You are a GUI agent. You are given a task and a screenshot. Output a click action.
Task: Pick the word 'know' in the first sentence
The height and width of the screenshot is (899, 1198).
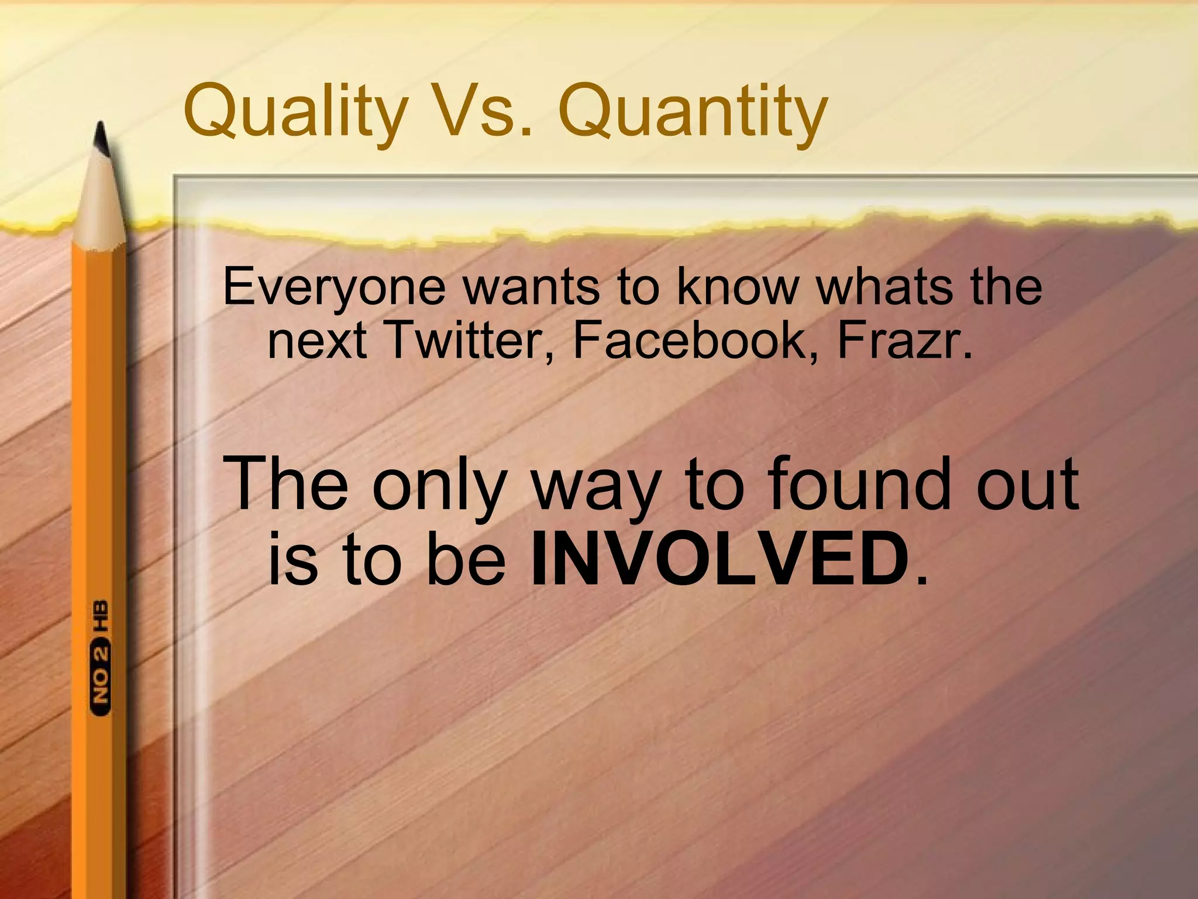coord(738,287)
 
